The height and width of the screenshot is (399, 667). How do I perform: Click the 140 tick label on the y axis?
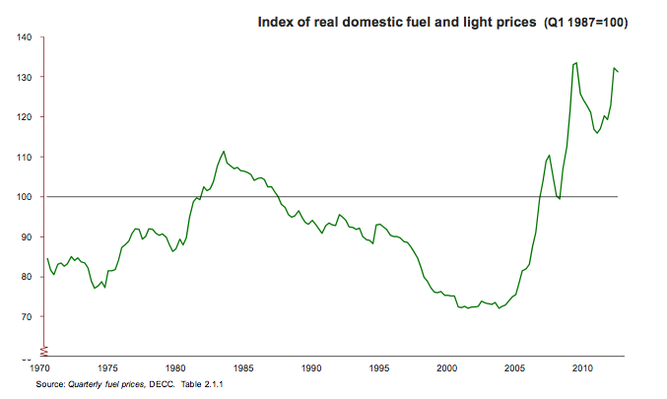pos(25,37)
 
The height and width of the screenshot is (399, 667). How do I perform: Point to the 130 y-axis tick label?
pos(25,77)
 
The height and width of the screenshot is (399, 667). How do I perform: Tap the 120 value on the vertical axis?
pos(25,117)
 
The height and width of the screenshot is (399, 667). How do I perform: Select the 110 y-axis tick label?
pos(25,157)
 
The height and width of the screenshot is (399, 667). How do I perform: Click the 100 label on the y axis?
pos(25,197)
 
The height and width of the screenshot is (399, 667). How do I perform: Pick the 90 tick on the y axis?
pos(28,236)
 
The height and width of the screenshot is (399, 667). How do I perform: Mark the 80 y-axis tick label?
pos(28,277)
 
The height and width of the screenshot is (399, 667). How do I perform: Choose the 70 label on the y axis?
pos(28,316)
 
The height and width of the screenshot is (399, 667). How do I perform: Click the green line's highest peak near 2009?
pos(576,63)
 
